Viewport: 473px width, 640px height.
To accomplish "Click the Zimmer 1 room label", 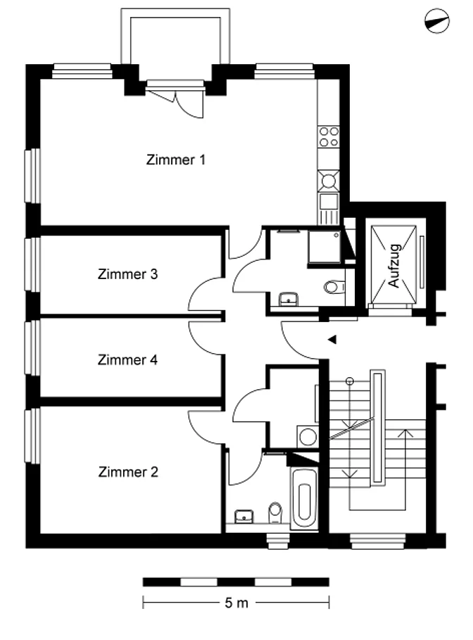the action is pos(176,159).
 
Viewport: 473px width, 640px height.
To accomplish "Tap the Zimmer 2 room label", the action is pos(128,472).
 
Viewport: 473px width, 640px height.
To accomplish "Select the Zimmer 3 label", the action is pos(127,274).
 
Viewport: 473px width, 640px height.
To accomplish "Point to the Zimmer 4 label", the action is pos(127,359).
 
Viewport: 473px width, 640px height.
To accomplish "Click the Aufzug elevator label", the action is pos(394,265).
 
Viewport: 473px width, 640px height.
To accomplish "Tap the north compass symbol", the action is pos(436,21).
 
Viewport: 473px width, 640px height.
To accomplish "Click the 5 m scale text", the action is pos(237,603).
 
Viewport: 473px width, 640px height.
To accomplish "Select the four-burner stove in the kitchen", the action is pos(329,137).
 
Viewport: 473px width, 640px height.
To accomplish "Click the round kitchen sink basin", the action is pos(328,180).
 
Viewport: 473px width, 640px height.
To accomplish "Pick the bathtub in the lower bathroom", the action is pos(305,499).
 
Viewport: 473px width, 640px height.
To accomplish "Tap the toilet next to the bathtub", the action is pos(276,512).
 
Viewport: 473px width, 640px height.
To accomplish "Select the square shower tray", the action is pos(324,247).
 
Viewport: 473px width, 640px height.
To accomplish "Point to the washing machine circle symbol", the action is pos(308,437).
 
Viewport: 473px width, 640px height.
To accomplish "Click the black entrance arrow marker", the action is pos(332,339).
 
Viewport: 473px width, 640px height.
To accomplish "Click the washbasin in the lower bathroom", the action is pos(244,516).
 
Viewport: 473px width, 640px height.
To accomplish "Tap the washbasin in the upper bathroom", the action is pos(289,299).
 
